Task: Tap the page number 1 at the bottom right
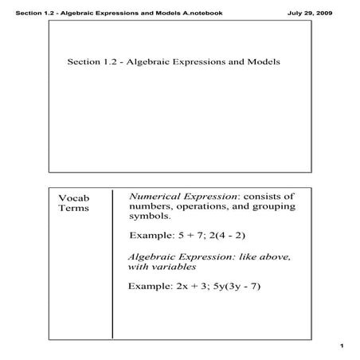click(340, 345)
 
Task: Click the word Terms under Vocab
click(73, 209)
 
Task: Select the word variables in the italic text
click(174, 268)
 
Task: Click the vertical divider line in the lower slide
click(112, 263)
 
